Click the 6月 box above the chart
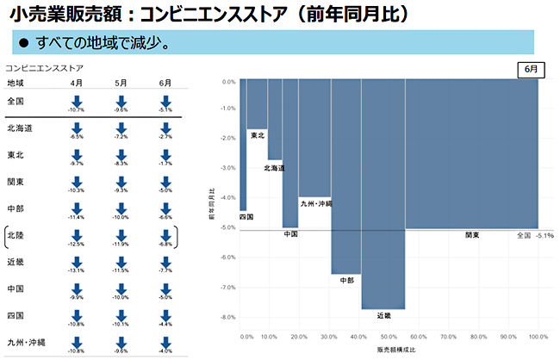click(527, 69)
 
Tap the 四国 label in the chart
click(246, 217)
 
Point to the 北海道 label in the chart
click(275, 167)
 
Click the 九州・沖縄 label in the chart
click(316, 204)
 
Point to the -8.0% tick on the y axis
click(227, 317)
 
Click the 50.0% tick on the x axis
click(389, 337)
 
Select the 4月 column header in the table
click(77, 83)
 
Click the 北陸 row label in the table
click(16, 234)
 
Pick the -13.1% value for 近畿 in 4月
click(77, 270)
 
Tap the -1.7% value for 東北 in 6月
click(165, 163)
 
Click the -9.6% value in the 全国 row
click(121, 110)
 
